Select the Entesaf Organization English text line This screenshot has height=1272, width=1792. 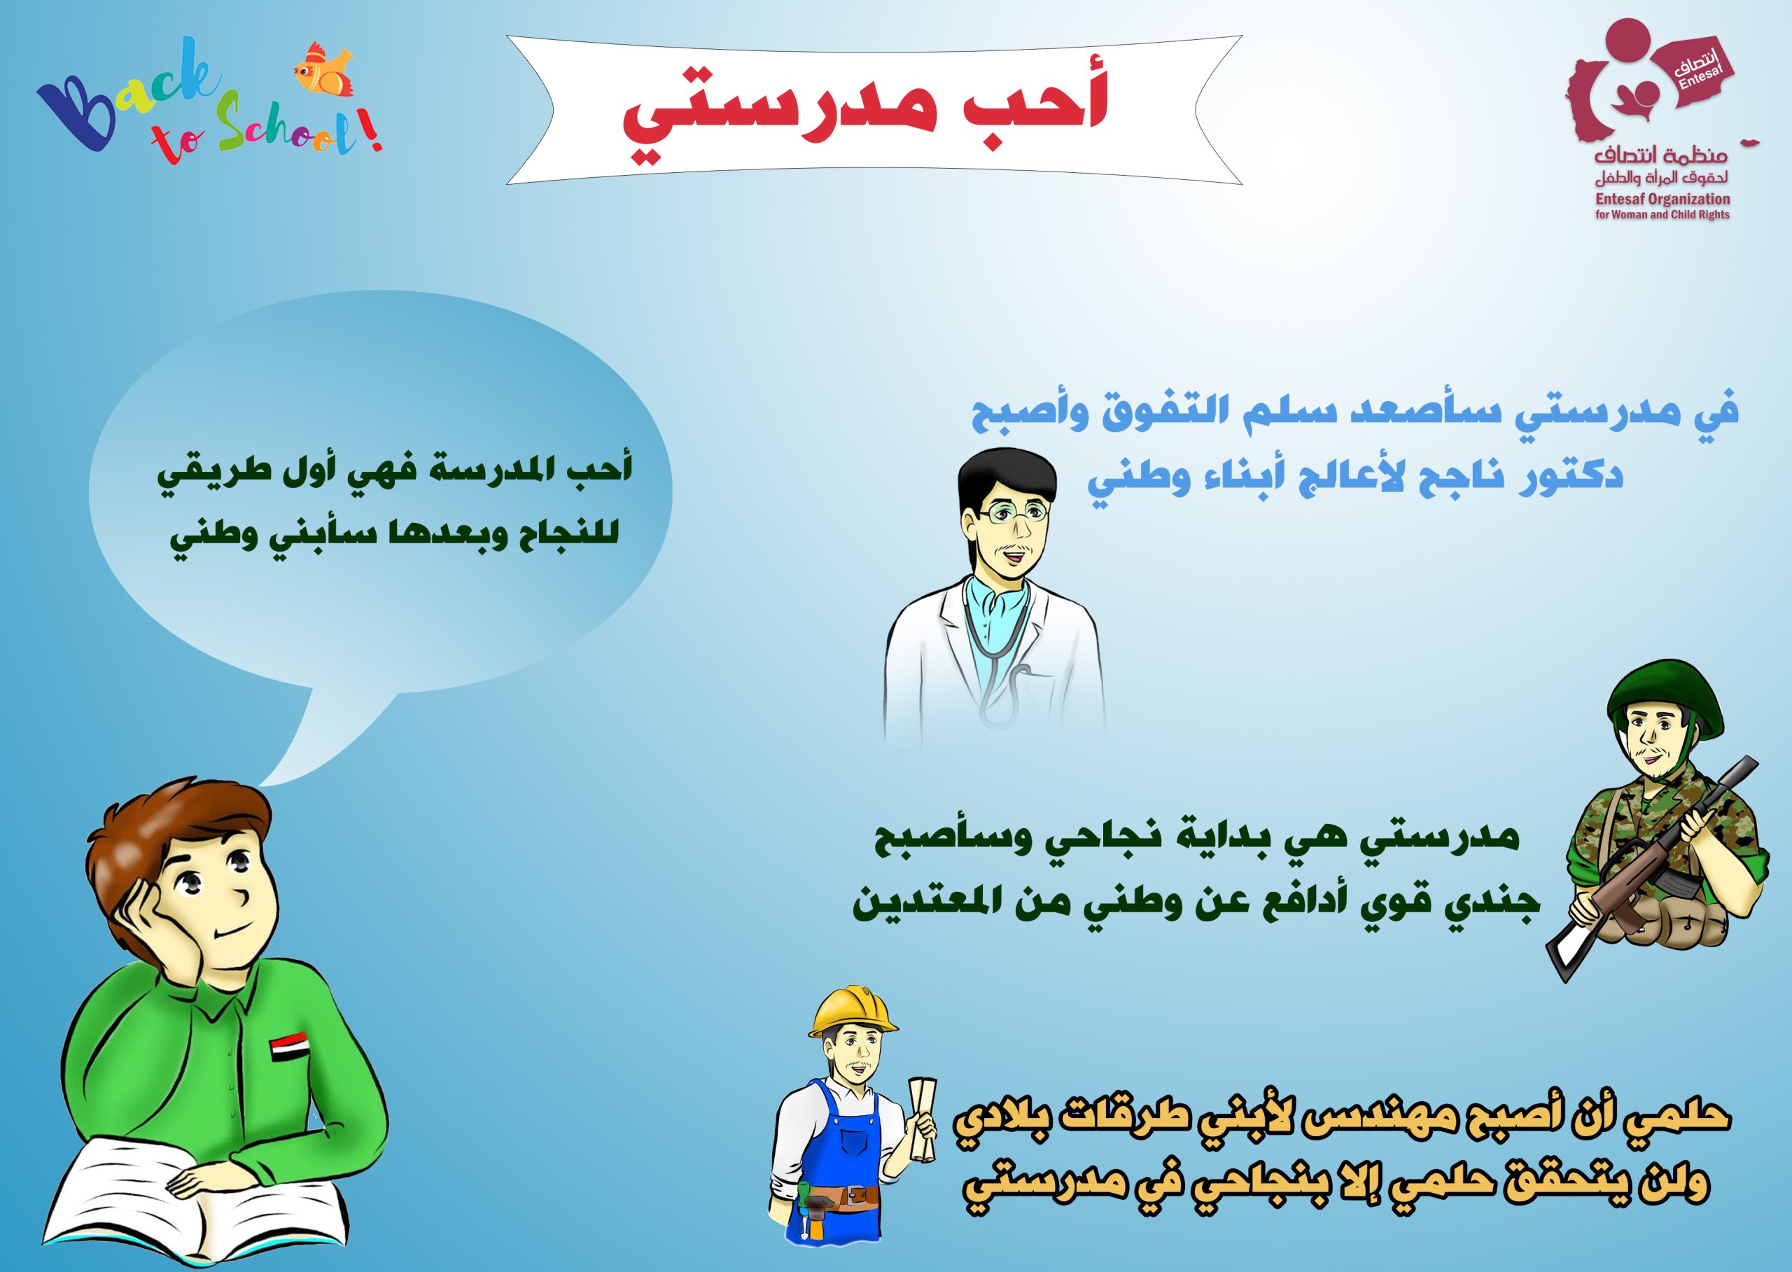1660,200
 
